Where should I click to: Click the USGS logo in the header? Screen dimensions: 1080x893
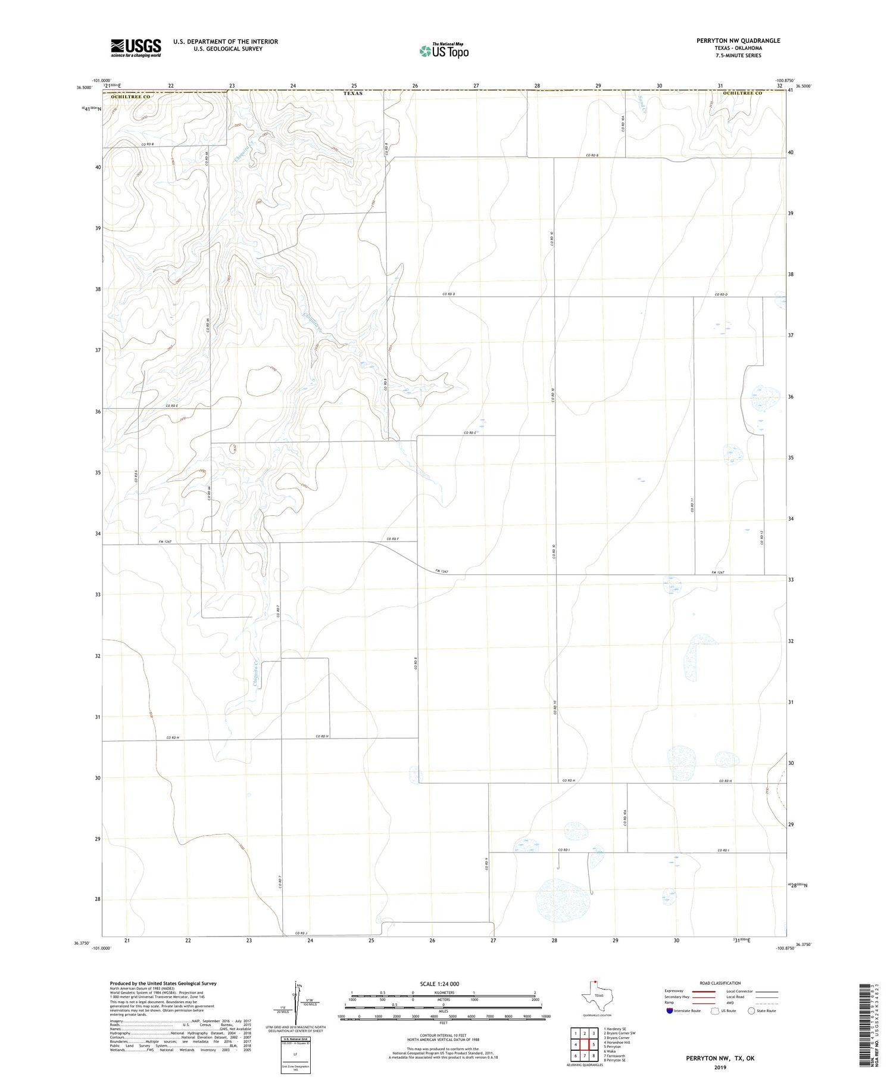click(x=136, y=48)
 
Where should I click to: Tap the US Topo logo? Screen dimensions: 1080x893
click(x=444, y=51)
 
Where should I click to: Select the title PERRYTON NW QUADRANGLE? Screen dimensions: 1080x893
click(x=738, y=41)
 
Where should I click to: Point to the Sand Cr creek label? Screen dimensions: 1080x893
click(x=641, y=103)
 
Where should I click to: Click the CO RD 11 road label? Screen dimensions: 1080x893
click(x=692, y=505)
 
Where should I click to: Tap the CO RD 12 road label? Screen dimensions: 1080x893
click(x=761, y=538)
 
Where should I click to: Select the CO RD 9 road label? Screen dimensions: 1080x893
click(x=486, y=864)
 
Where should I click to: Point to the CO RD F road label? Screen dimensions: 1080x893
click(x=392, y=539)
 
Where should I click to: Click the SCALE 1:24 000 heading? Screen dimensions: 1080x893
click(x=443, y=983)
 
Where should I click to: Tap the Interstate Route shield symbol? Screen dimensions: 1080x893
click(x=670, y=1010)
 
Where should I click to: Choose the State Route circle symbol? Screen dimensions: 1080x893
click(x=751, y=1010)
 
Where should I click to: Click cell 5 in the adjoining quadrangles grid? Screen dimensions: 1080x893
click(x=594, y=1044)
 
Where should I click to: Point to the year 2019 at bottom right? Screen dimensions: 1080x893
click(x=720, y=1066)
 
